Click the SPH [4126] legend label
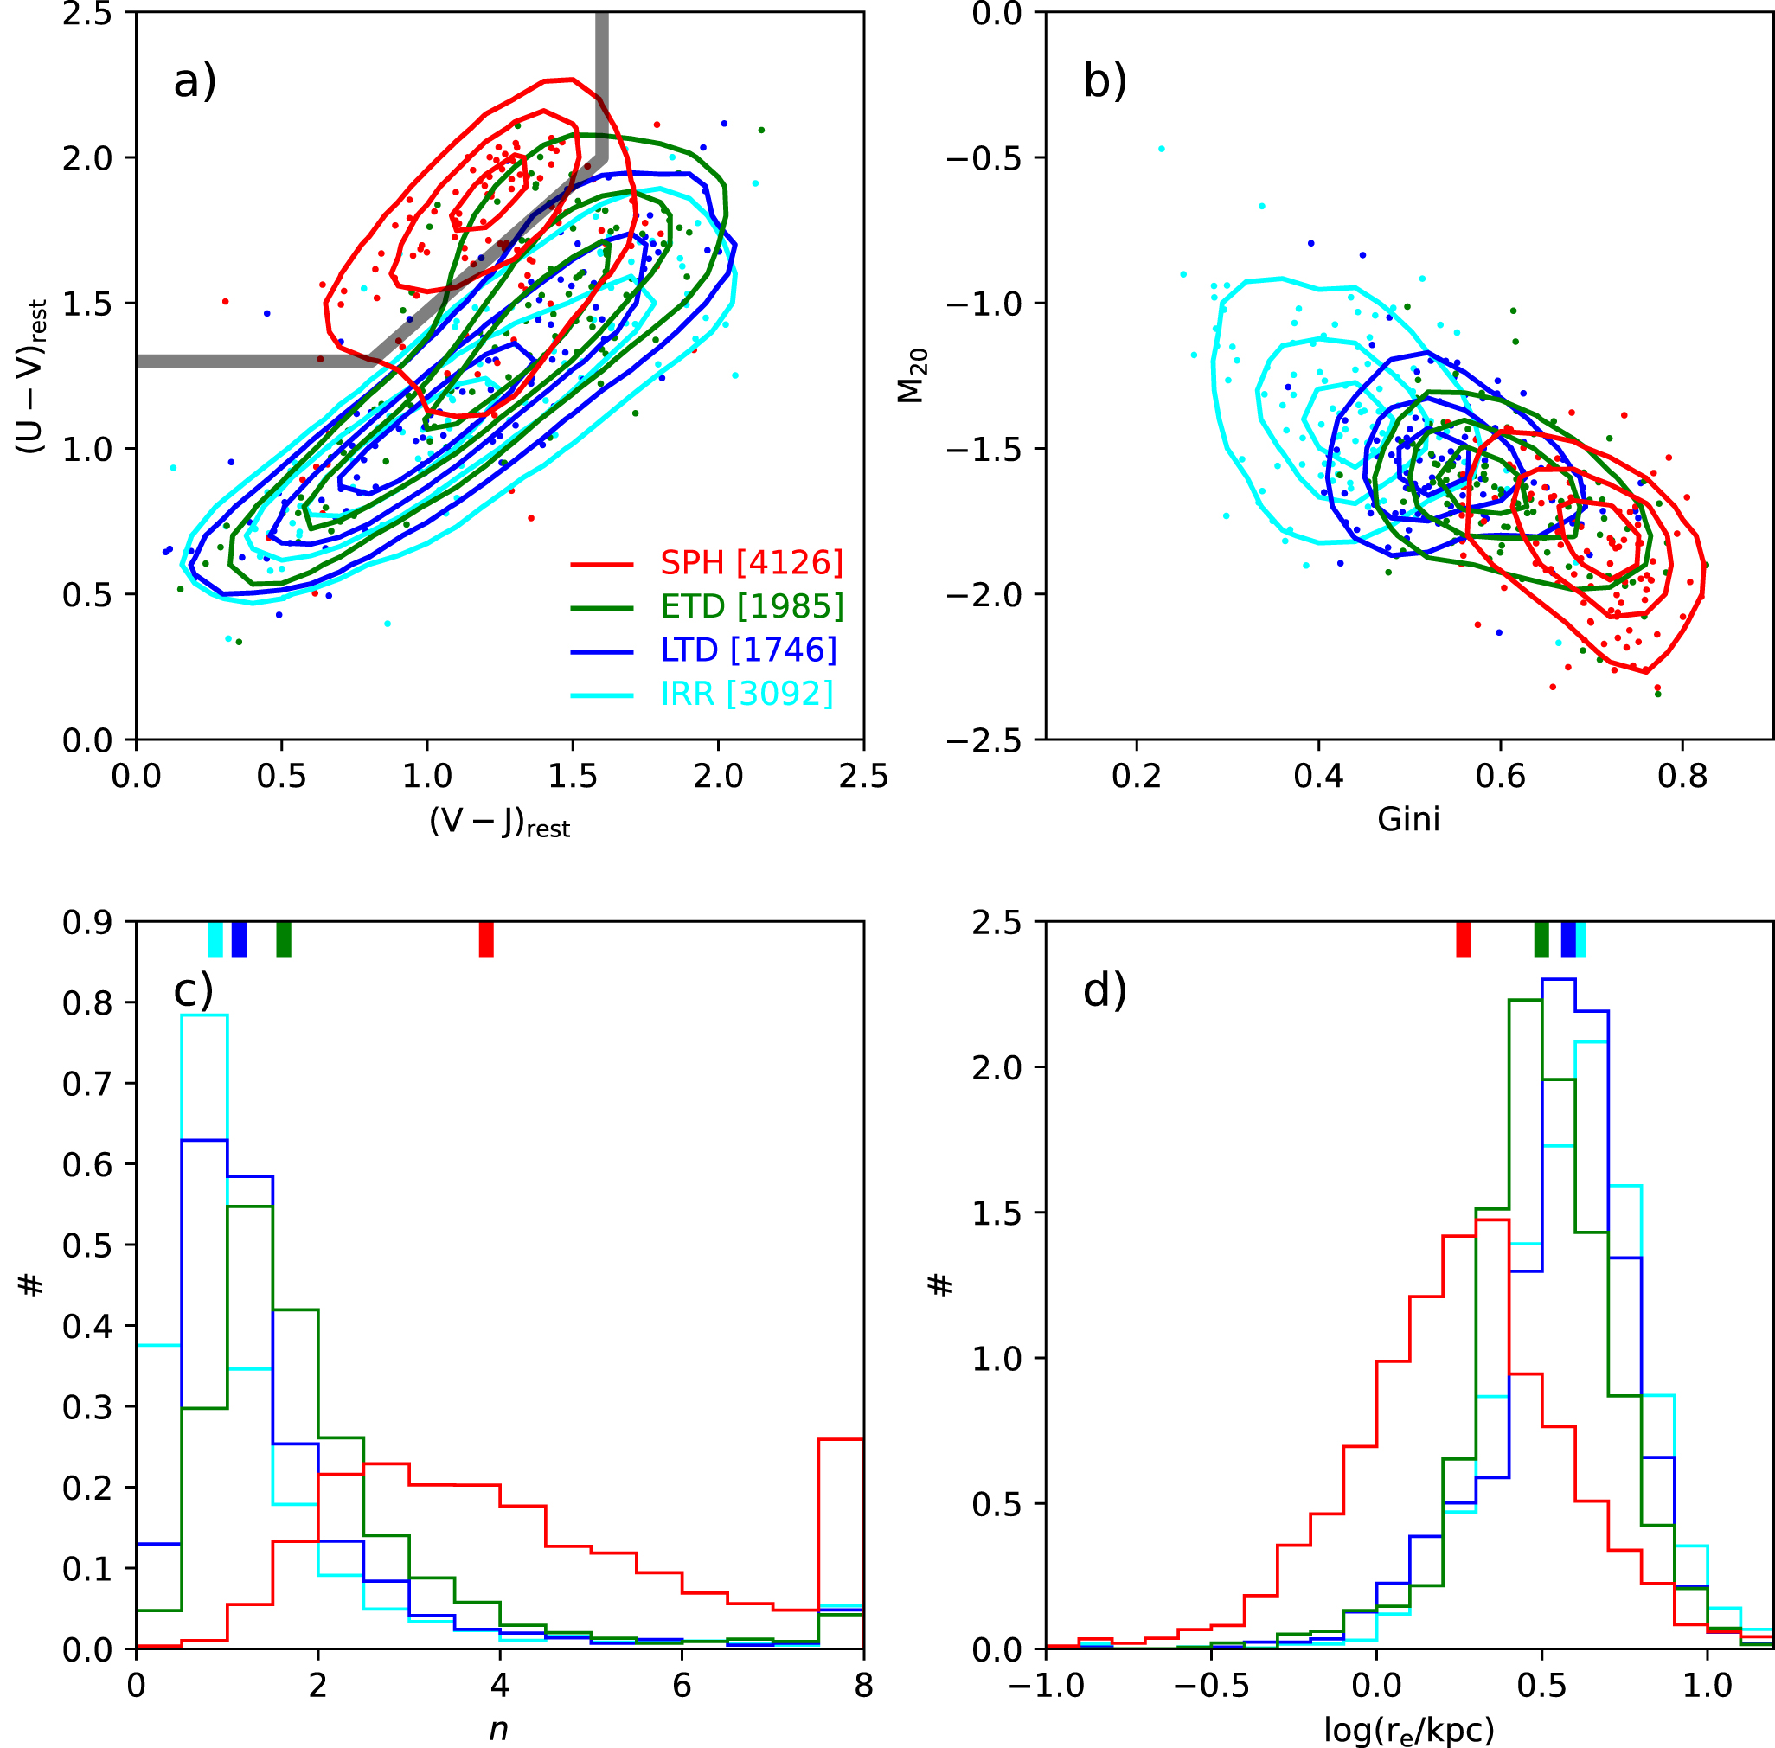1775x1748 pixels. click(x=750, y=563)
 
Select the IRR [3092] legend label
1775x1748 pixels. click(x=747, y=694)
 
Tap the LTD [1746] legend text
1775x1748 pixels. click(x=748, y=650)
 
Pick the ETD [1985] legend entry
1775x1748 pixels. click(x=751, y=606)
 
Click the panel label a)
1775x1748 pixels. click(x=195, y=80)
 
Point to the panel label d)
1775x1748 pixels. click(x=1105, y=990)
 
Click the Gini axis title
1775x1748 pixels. click(x=1407, y=819)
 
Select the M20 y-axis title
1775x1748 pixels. click(x=912, y=375)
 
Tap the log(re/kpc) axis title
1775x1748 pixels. click(x=1408, y=1730)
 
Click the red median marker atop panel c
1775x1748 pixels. click(x=486, y=940)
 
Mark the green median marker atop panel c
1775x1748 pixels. click(x=284, y=940)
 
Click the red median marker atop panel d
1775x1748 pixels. click(x=1463, y=940)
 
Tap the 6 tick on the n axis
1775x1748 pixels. click(x=682, y=1687)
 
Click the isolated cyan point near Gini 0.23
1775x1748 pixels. click(x=1161, y=149)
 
